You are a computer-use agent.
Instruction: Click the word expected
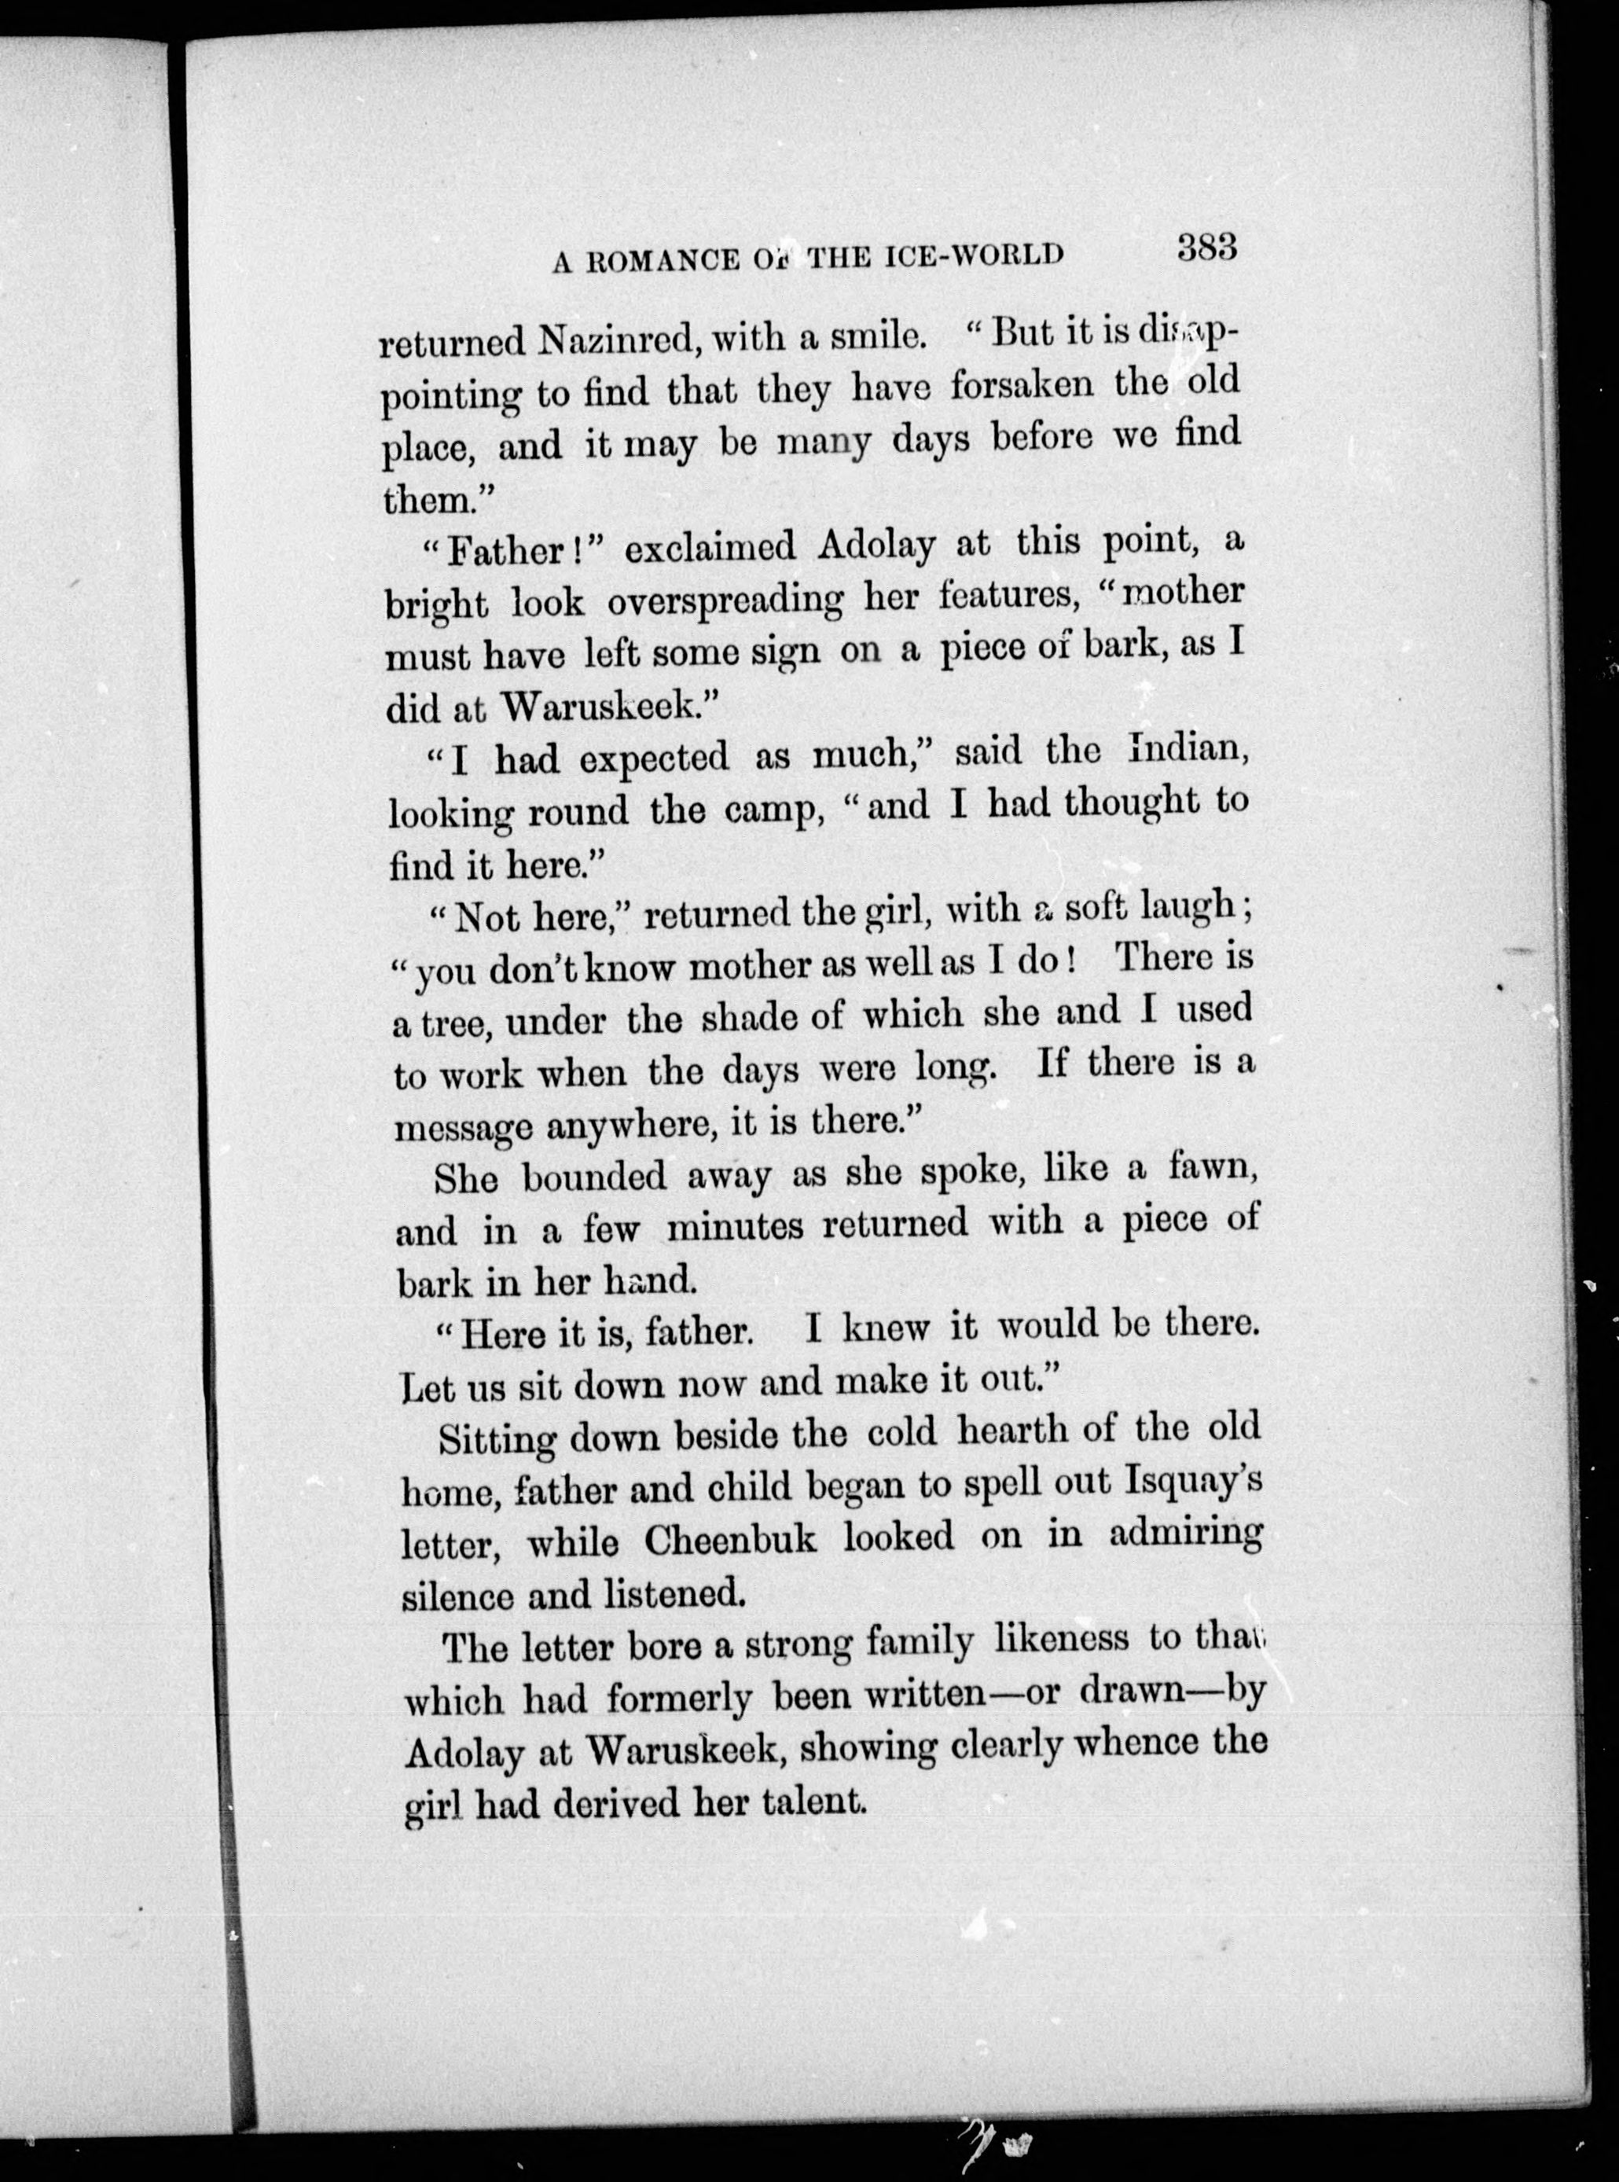click(654, 759)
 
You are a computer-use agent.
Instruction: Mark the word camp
click(771, 812)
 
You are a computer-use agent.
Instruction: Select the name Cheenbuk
click(729, 1540)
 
